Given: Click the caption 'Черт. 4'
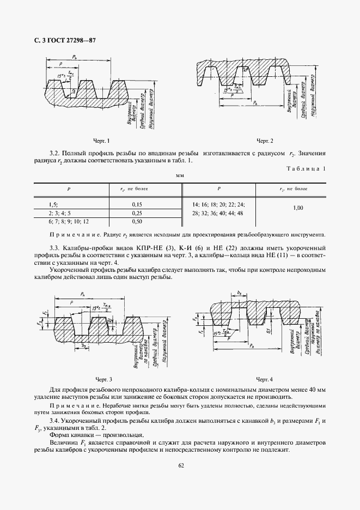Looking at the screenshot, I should [264, 378].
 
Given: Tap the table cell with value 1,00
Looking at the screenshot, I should [298, 208].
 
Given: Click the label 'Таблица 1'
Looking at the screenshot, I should [306, 169].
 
